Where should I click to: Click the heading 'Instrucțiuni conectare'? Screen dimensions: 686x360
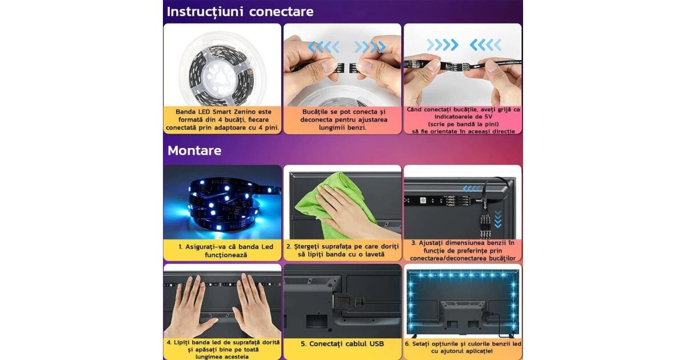[x=240, y=12]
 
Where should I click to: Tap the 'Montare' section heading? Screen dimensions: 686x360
[x=194, y=151]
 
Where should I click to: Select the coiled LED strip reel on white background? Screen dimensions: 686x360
[x=221, y=73]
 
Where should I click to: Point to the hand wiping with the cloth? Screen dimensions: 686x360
[x=352, y=214]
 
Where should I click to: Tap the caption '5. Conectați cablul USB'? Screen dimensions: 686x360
[x=342, y=344]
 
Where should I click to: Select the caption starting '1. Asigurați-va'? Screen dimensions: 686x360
[x=226, y=251]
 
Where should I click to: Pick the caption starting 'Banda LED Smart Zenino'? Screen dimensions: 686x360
[x=222, y=119]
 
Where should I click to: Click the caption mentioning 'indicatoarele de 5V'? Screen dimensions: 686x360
[x=463, y=121]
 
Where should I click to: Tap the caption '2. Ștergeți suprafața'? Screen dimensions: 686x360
[x=342, y=250]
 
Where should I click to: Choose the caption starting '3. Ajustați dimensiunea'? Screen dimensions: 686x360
[x=462, y=251]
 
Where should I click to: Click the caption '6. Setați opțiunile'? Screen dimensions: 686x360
[x=462, y=347]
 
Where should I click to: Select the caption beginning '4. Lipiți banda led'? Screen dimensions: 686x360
[x=223, y=350]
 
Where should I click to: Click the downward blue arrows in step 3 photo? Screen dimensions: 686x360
[x=498, y=219]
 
